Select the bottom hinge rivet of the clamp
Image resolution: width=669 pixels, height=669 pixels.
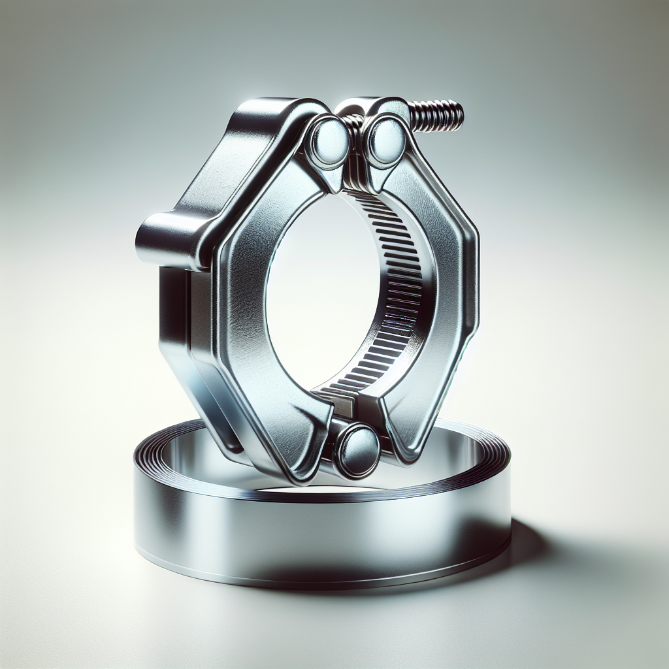click(x=357, y=451)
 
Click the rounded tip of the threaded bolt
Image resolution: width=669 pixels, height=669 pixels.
click(x=459, y=114)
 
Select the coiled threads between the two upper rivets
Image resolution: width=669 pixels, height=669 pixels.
click(x=357, y=124)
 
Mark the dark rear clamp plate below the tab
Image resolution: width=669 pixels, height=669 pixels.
click(x=173, y=314)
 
